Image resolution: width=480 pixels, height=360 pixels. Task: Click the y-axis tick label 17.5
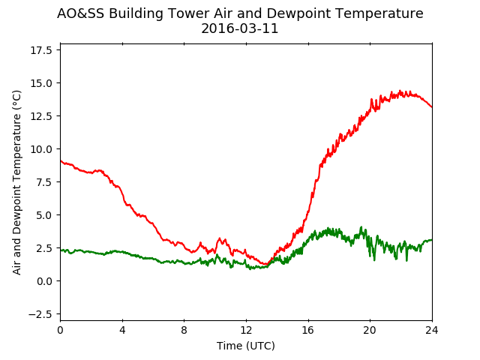41,50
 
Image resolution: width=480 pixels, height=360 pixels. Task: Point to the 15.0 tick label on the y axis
41,83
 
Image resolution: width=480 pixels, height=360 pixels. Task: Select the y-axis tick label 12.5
41,116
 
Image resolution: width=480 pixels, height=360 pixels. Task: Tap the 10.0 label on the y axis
41,149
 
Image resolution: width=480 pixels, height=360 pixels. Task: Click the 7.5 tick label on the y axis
43,182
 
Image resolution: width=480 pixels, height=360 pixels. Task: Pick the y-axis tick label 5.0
43,215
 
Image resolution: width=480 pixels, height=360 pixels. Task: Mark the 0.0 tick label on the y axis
43,281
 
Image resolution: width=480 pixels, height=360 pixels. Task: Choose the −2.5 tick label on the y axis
40,314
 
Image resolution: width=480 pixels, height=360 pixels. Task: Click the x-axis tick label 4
122,331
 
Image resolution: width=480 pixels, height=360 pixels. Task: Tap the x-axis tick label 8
184,331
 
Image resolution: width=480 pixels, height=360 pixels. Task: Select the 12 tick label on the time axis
246,331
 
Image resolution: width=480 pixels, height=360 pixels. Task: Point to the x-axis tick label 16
308,331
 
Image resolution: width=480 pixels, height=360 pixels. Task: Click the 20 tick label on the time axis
370,331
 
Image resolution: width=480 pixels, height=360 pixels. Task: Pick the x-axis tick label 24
432,331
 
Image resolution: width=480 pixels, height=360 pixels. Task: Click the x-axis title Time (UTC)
246,346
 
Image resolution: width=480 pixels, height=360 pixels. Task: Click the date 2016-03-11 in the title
240,28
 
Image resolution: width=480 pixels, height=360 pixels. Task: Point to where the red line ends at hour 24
432,107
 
